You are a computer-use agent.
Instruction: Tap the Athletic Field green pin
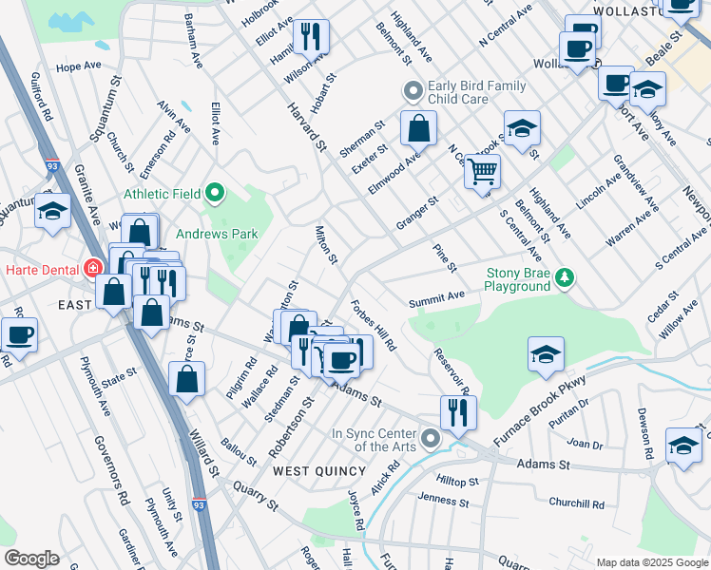215,194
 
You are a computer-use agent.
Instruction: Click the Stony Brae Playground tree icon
566,277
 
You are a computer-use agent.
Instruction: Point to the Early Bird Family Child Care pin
413,92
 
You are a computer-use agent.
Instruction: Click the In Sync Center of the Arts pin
430,438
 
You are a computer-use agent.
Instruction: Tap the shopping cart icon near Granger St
483,172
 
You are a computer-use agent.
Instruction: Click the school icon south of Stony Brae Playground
546,354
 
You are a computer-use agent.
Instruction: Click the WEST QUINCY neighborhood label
318,471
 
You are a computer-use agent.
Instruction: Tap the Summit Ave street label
436,300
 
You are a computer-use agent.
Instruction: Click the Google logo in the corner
30,559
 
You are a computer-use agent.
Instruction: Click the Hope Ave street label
78,66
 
